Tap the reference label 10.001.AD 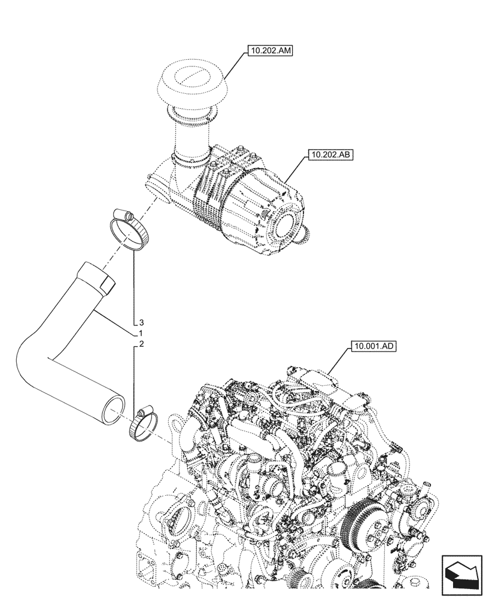tap(366, 346)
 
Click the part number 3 tap(141, 322)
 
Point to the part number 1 tap(140, 332)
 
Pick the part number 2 tap(141, 344)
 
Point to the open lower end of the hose tap(114, 413)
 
